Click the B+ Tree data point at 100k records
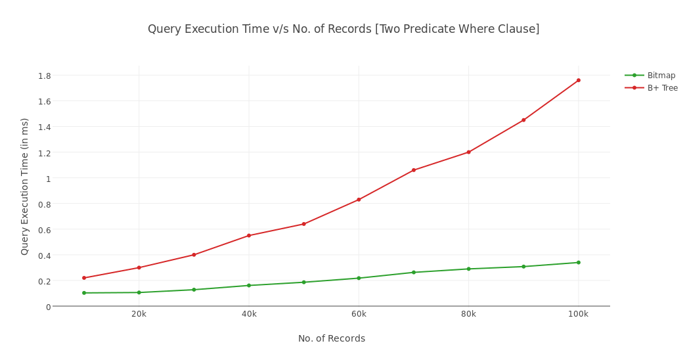pos(579,80)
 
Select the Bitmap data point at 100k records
pos(579,263)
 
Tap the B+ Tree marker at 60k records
pos(359,200)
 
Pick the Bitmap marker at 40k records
pos(249,286)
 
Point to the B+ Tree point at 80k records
pos(468,152)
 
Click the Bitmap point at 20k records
pos(139,292)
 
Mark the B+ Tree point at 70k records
pos(414,170)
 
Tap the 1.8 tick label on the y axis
pos(45,76)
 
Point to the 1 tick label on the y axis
pos(48,179)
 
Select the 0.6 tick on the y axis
pos(45,230)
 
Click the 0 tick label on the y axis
pos(48,307)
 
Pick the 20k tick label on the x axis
pos(139,314)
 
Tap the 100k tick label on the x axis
pos(579,314)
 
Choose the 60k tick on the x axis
pos(359,314)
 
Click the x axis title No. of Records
pos(332,339)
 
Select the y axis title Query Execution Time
pos(25,187)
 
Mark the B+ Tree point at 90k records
pos(523,120)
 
